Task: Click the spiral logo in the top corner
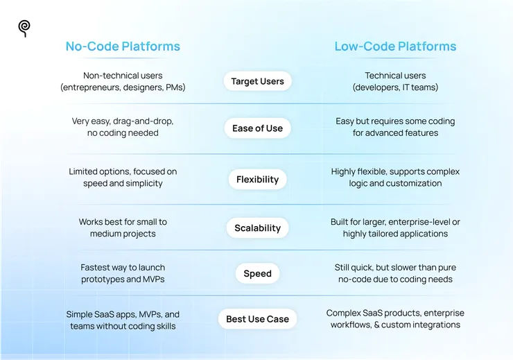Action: pos(24,28)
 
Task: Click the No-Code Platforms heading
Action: pos(123,46)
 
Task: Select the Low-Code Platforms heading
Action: pos(395,46)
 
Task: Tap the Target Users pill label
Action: pos(257,81)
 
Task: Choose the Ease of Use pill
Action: pos(257,128)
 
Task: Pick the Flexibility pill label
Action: pos(257,180)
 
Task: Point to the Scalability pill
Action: pos(257,228)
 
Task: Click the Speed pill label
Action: pos(257,273)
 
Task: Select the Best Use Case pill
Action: pos(257,319)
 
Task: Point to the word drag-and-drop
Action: pos(143,121)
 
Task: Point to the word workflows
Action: pos(350,325)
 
